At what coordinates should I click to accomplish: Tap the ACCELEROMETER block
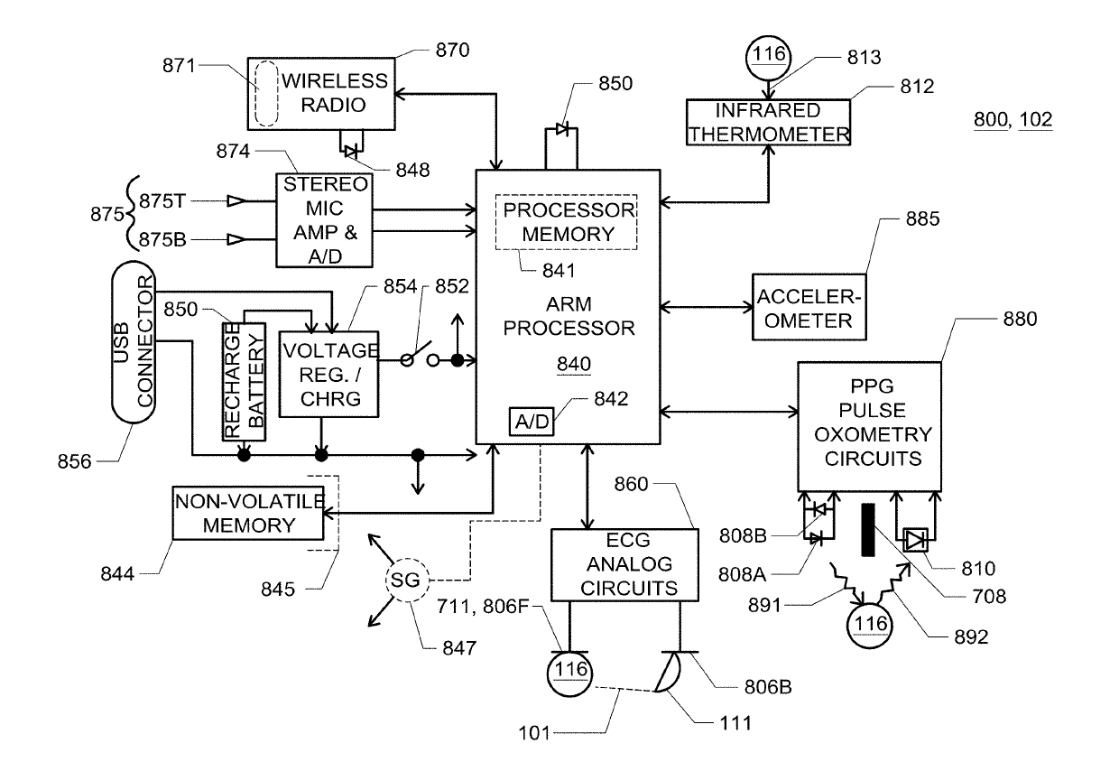point(803,308)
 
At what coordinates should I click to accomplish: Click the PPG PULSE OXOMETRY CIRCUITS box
point(868,425)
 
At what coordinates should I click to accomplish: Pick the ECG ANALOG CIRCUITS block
point(624,564)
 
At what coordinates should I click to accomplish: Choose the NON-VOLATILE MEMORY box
point(248,513)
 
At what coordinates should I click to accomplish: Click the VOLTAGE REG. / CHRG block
point(329,374)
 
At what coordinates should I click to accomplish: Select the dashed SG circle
point(404,580)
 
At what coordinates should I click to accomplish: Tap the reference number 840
point(574,364)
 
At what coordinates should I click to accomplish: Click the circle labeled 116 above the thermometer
point(766,52)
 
